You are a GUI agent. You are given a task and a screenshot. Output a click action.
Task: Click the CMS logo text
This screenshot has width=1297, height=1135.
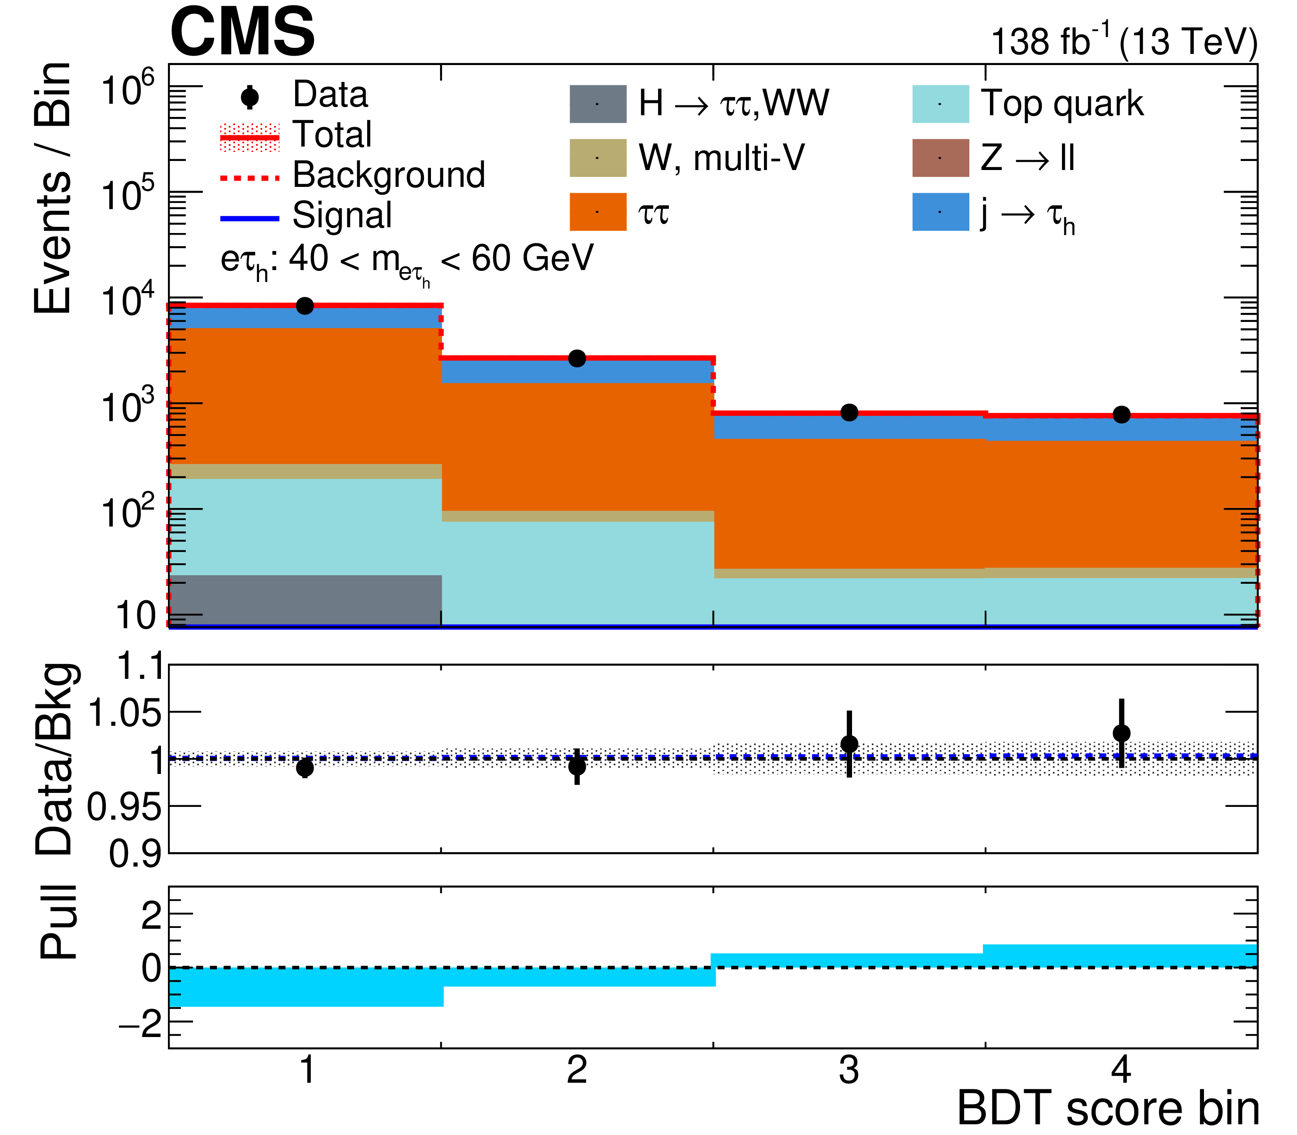pyautogui.click(x=242, y=32)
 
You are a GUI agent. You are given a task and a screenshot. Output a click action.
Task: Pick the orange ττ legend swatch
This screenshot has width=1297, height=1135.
pyautogui.click(x=597, y=212)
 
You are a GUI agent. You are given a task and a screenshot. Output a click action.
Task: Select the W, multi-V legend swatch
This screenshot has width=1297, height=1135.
pyautogui.click(x=597, y=158)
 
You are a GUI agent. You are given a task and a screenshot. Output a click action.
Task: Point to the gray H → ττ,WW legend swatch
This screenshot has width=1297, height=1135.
pyautogui.click(x=597, y=104)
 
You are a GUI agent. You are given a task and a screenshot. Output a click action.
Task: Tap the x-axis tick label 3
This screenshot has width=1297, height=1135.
pyautogui.click(x=849, y=1070)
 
